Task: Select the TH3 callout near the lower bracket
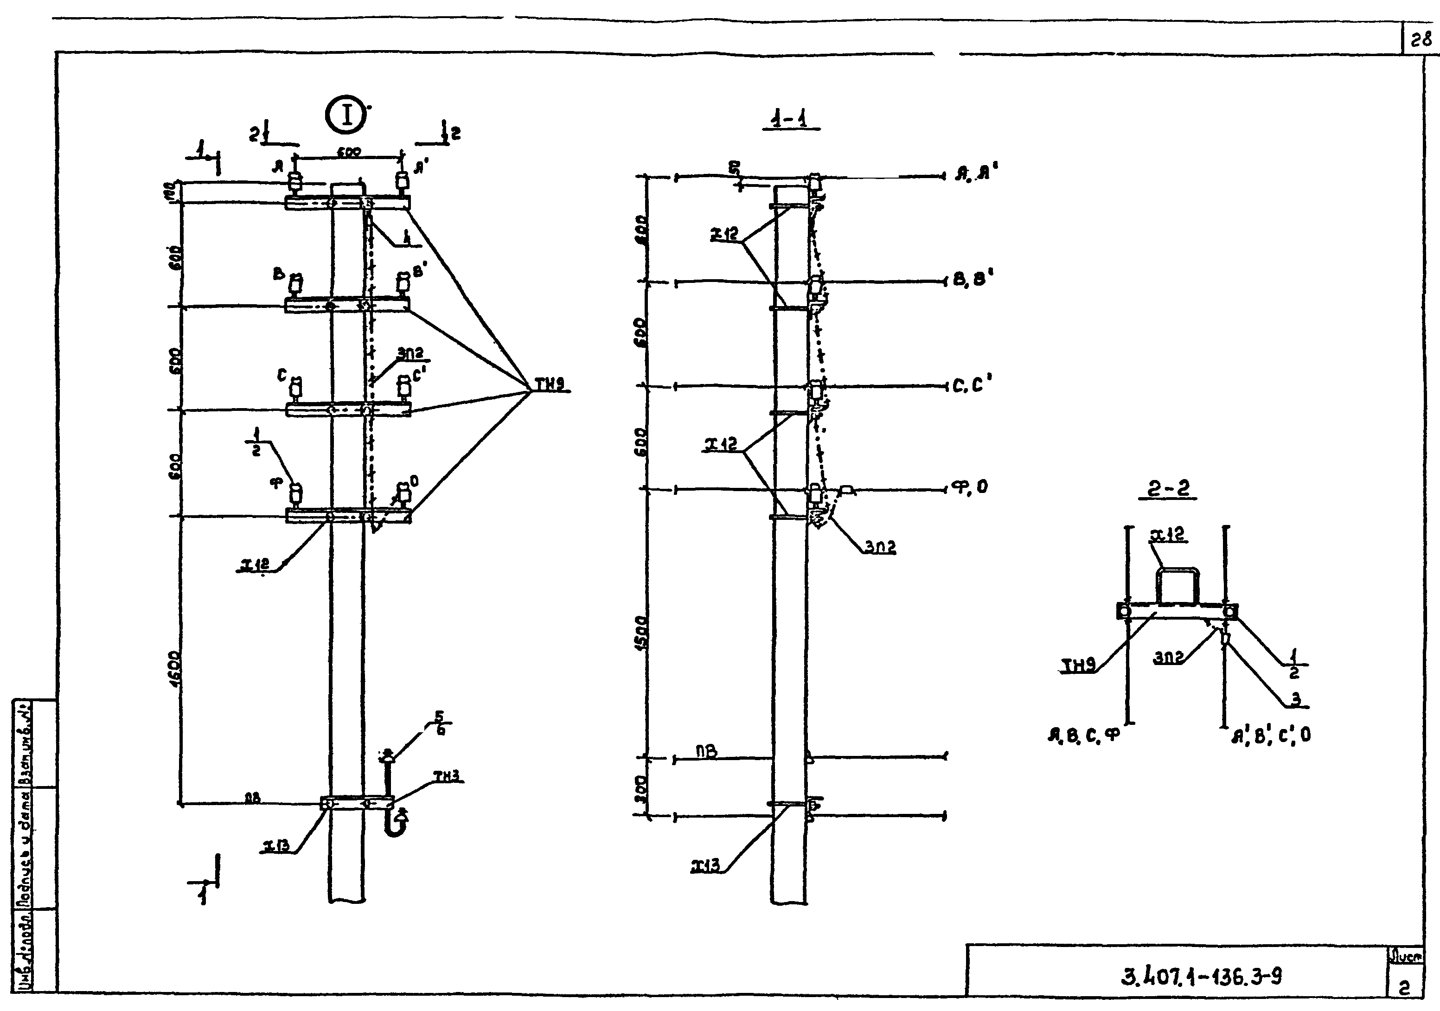[447, 776]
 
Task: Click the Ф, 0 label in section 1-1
[971, 486]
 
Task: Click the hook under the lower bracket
[396, 825]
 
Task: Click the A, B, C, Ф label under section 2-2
[1083, 735]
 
